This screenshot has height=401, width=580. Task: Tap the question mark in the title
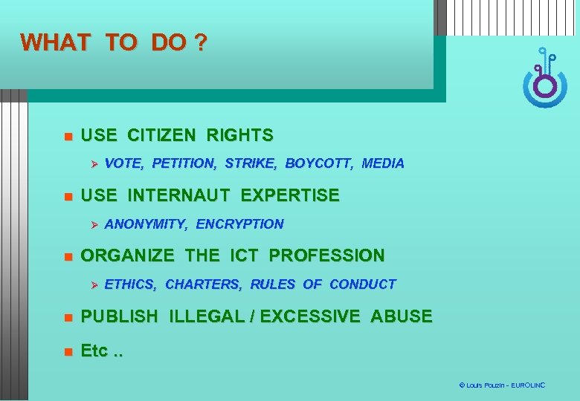[x=199, y=42]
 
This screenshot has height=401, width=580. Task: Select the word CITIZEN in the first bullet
[x=161, y=135]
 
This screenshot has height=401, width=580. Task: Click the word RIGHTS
[x=239, y=135]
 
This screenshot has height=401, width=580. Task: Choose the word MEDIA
[x=383, y=163]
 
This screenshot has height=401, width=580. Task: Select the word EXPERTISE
[x=290, y=196]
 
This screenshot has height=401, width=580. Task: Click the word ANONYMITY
[x=146, y=224]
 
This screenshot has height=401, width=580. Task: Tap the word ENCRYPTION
[x=240, y=224]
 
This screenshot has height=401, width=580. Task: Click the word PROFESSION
[x=327, y=256]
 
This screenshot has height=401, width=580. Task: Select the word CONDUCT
[x=362, y=284]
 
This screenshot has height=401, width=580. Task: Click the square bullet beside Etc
[x=66, y=351]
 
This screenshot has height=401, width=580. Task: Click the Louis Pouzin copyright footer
[x=502, y=385]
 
